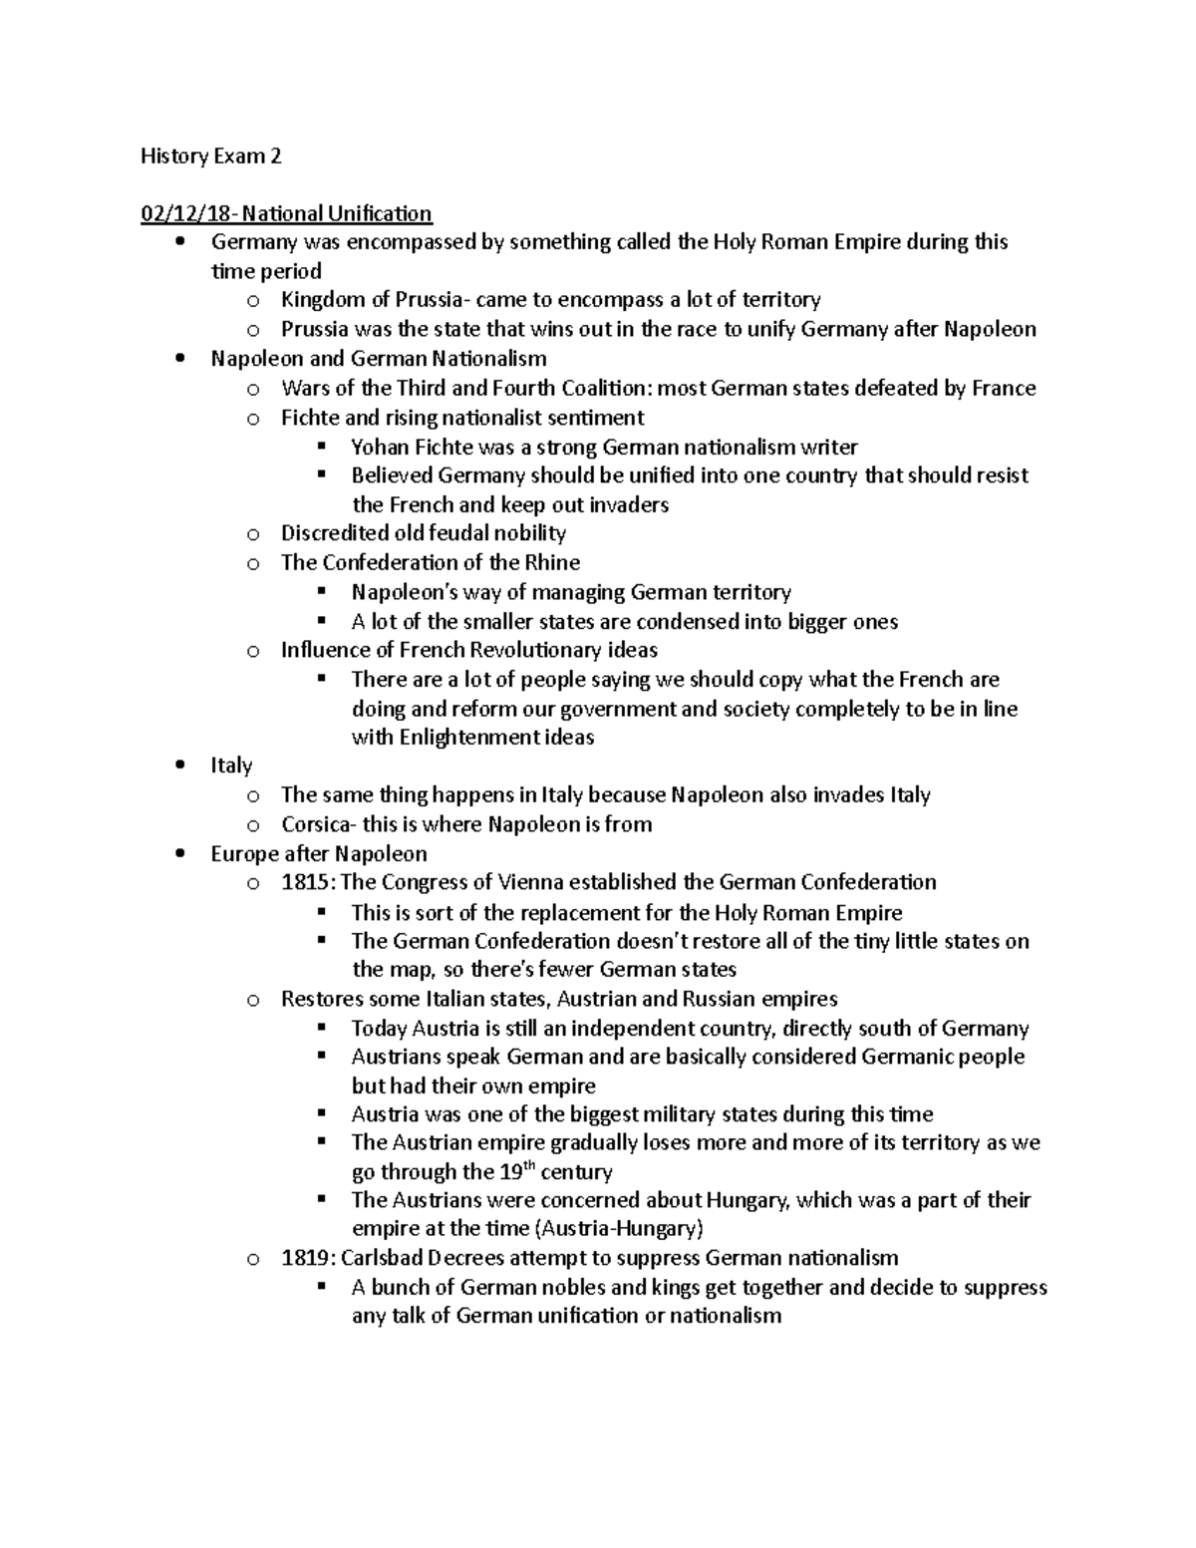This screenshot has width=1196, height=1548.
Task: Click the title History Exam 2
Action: click(210, 155)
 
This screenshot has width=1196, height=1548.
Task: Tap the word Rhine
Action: click(552, 562)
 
